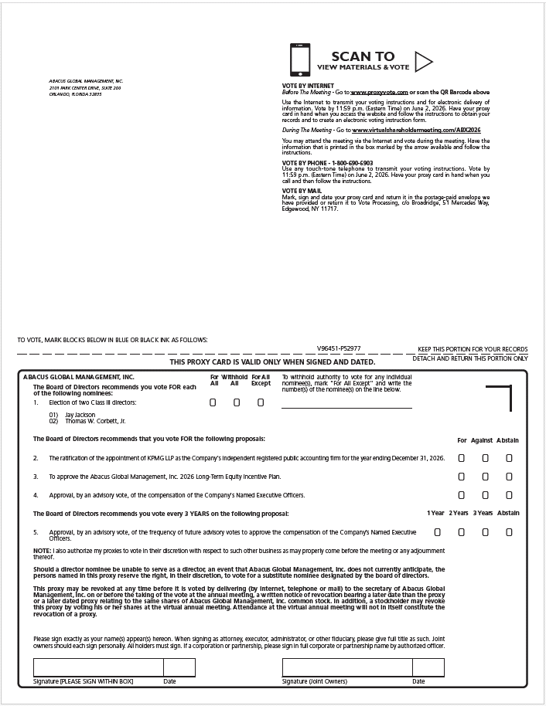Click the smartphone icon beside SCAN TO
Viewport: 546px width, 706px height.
(x=299, y=59)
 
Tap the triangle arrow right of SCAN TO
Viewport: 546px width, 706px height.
(x=424, y=61)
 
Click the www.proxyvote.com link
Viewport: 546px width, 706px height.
(x=378, y=92)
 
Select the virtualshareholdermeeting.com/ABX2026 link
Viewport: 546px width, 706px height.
(x=417, y=130)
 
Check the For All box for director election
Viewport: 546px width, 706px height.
(x=213, y=402)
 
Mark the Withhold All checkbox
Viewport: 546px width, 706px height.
(x=237, y=402)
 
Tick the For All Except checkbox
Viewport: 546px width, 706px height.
(x=261, y=402)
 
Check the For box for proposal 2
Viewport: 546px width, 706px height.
(x=462, y=458)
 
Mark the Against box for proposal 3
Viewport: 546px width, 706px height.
(x=485, y=477)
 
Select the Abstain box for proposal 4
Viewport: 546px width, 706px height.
(x=509, y=495)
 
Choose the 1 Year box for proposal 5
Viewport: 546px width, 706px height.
(x=438, y=532)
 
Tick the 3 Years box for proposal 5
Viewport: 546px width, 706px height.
(x=485, y=532)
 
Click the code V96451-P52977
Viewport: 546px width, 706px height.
(x=339, y=349)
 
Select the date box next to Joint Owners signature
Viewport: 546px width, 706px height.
(x=428, y=667)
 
